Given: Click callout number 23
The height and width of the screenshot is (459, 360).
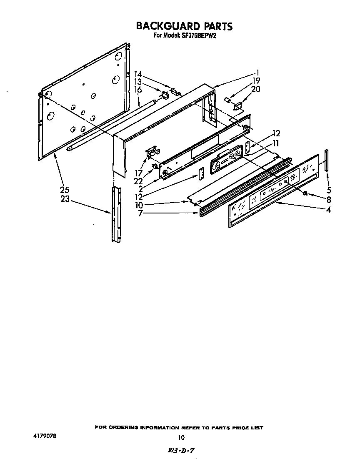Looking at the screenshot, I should click(x=65, y=199).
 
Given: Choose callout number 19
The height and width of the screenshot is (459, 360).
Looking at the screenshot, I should click(x=256, y=80).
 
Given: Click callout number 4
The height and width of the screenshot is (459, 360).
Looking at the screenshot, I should click(x=329, y=210).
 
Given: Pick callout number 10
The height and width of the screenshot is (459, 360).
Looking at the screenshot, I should click(x=139, y=205).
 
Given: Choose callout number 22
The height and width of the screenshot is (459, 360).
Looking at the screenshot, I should click(x=138, y=181).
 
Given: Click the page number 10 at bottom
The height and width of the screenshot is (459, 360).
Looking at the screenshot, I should click(x=181, y=437).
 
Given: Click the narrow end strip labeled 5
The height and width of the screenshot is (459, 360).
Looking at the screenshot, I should click(x=326, y=160).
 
